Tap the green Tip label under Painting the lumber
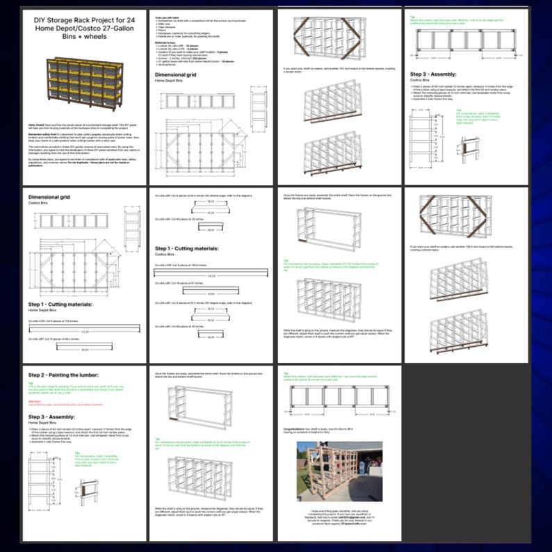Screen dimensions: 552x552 [x=31, y=382]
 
